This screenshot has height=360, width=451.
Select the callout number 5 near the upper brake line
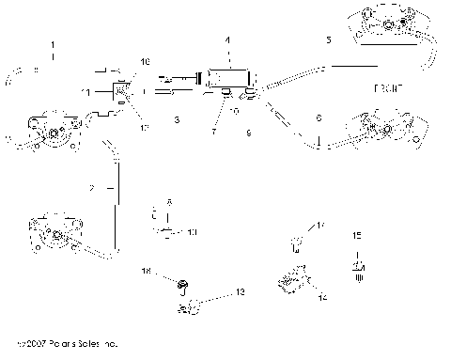pyautogui.click(x=328, y=41)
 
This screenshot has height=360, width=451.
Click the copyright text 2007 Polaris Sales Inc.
pyautogui.click(x=63, y=346)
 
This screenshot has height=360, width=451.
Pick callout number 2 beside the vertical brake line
pyautogui.click(x=91, y=189)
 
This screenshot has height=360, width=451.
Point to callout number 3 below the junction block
pyautogui.click(x=176, y=120)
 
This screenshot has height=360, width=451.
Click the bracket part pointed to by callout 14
pyautogui.click(x=292, y=279)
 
